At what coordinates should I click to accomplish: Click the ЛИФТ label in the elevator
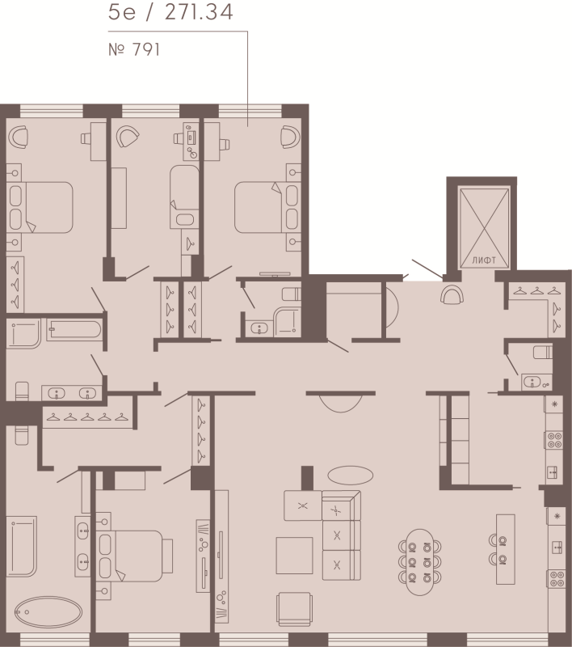click(484, 260)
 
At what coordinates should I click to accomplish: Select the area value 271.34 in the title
click(199, 12)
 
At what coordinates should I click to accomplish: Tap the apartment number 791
click(146, 49)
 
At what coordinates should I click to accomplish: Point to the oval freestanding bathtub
click(48, 612)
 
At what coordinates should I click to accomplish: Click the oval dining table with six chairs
click(419, 561)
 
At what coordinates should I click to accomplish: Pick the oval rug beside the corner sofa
click(351, 475)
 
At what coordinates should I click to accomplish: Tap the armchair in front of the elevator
click(452, 294)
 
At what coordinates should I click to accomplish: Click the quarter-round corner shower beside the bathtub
click(23, 333)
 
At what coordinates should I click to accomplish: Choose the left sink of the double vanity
click(57, 393)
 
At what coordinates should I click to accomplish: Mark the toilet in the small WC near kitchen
click(542, 352)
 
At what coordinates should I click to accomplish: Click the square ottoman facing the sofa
click(294, 556)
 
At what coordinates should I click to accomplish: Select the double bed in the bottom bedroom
click(134, 556)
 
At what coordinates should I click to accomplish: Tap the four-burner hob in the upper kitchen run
click(554, 440)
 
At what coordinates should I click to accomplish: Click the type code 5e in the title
click(121, 12)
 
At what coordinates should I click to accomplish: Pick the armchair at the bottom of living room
click(294, 609)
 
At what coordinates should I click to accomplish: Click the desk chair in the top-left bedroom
click(18, 137)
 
